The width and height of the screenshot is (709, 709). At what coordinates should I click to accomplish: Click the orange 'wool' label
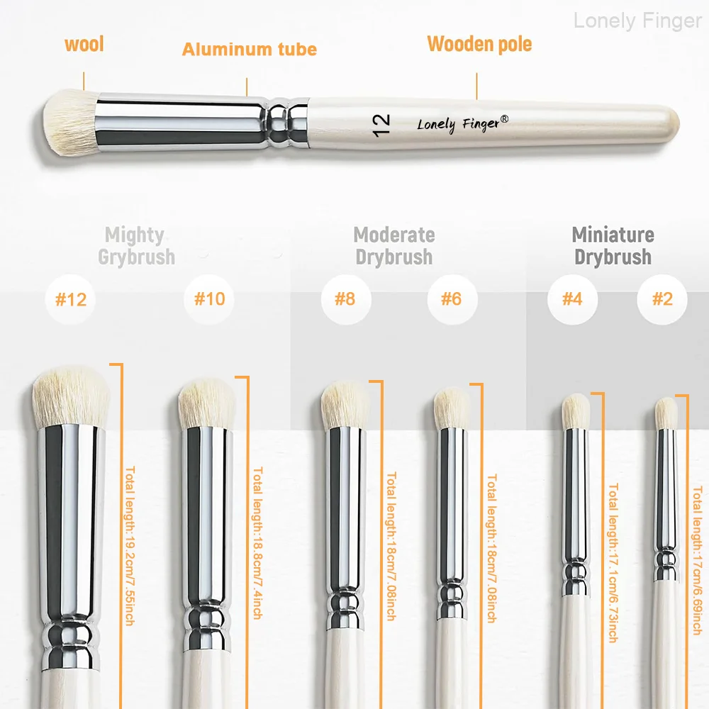click(x=84, y=44)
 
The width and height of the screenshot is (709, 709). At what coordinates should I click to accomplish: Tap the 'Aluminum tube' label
click(x=249, y=50)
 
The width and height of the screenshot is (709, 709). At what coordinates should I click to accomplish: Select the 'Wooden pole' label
click(x=479, y=44)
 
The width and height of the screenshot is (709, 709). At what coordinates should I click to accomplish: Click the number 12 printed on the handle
click(x=381, y=125)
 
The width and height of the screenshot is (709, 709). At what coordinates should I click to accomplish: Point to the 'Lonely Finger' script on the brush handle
click(x=462, y=124)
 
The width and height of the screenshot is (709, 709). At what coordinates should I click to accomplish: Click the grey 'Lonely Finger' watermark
click(x=637, y=21)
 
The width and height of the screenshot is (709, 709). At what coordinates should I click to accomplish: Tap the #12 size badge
click(x=70, y=299)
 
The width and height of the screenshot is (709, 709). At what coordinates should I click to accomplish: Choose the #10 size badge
click(x=209, y=299)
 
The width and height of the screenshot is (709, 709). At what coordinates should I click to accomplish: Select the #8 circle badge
click(x=346, y=299)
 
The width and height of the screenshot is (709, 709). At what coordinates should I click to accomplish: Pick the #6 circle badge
click(x=452, y=299)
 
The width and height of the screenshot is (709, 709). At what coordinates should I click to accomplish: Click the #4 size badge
click(x=572, y=299)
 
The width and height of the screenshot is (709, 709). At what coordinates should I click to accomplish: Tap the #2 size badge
click(x=662, y=299)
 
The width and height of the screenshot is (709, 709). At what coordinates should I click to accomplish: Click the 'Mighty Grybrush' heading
click(x=136, y=246)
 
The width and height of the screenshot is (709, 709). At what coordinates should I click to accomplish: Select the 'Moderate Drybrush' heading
click(x=393, y=246)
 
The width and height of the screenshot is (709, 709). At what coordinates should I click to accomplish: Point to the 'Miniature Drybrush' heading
click(x=613, y=246)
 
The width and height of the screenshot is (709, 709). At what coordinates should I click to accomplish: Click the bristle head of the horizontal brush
click(x=70, y=121)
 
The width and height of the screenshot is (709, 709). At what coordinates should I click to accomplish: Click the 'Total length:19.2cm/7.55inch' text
click(x=130, y=546)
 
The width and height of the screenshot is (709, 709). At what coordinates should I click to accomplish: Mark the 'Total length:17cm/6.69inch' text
click(x=698, y=561)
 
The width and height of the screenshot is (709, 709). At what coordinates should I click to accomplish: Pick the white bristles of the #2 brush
click(x=666, y=413)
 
